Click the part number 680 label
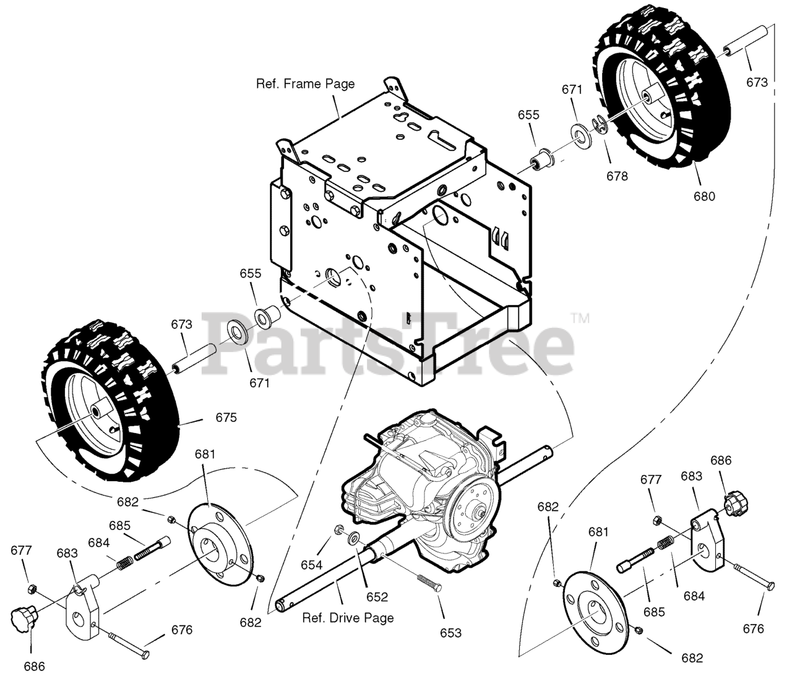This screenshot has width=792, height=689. click(704, 196)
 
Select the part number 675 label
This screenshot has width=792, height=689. click(226, 417)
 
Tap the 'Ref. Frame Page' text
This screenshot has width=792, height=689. click(306, 83)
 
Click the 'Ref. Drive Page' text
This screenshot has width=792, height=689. click(348, 617)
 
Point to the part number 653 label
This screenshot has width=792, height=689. click(450, 632)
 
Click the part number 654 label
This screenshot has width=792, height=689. click(312, 565)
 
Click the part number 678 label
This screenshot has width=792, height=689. click(617, 176)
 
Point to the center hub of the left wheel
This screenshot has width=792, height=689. click(97, 411)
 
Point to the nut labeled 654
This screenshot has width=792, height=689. click(340, 529)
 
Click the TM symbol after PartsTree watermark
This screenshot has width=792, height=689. click(580, 319)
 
